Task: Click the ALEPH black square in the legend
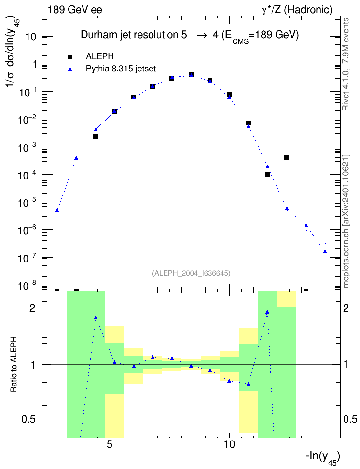point(70,57)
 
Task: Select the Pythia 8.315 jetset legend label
point(121,69)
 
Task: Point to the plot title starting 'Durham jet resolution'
point(190,36)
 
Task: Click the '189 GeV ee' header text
point(75,10)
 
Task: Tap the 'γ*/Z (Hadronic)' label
point(297,10)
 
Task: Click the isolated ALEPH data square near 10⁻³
point(286,157)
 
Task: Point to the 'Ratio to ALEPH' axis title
point(14,364)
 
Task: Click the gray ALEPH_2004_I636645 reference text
point(191,273)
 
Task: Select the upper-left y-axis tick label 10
point(31,37)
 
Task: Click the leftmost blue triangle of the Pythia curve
point(57,210)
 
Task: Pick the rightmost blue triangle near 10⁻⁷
point(325,251)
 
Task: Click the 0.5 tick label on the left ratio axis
point(28,420)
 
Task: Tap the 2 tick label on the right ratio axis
point(346,308)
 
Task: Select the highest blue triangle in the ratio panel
point(267,312)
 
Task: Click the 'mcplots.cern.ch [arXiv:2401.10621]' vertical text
point(346,221)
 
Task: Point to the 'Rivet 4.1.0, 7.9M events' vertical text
point(346,64)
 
